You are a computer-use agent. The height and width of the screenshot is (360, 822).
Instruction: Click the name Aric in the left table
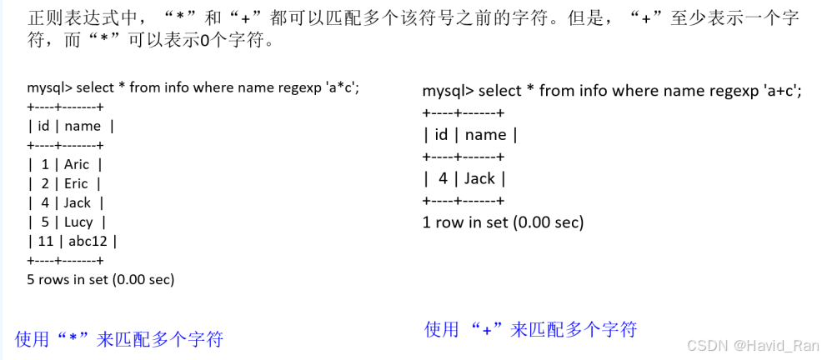tap(76, 164)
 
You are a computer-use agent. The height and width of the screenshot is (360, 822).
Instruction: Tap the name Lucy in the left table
tap(78, 222)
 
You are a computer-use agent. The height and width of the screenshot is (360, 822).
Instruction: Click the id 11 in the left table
tap(42, 241)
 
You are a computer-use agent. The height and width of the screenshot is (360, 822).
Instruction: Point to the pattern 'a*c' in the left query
tap(349, 87)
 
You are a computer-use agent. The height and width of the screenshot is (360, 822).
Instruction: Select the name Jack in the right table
tap(479, 178)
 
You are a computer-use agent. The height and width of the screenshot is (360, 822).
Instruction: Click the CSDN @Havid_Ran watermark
tap(757, 345)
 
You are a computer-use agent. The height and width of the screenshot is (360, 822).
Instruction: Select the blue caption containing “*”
tap(119, 338)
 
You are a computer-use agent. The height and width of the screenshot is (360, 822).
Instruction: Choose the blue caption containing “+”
tap(530, 329)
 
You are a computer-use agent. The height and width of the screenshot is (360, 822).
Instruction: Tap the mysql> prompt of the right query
tap(448, 92)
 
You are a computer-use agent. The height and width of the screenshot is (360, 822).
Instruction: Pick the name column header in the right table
tap(485, 135)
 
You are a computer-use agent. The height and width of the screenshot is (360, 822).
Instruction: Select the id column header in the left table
tap(43, 126)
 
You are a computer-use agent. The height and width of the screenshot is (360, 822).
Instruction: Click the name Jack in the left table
tap(78, 202)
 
